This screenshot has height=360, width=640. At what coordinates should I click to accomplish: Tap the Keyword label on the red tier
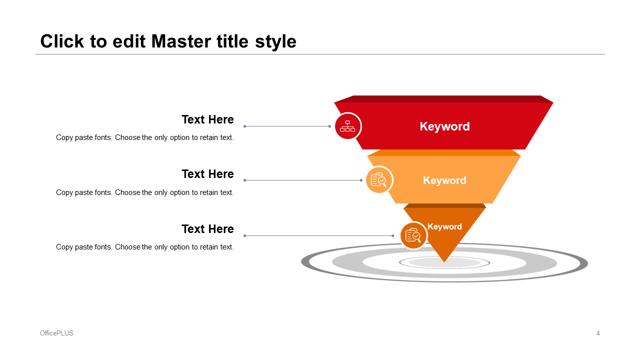coord(444,126)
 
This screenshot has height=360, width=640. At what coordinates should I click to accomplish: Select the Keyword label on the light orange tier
coord(444,180)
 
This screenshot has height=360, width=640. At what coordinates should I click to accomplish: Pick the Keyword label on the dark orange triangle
coord(444,226)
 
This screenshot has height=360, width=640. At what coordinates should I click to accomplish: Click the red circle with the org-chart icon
coord(347,126)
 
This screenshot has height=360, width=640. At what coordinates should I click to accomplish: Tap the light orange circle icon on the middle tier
coord(379,180)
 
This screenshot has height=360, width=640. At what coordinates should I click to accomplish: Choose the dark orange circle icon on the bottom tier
coord(413,235)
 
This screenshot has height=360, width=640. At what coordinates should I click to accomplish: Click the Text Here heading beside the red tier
coord(207,119)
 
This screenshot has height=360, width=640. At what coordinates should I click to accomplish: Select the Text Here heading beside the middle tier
coord(207,174)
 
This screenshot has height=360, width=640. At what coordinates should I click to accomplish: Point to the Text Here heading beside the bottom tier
coord(207,229)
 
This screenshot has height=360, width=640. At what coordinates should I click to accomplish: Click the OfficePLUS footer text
coord(56,333)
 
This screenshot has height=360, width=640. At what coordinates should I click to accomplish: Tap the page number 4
coord(598,333)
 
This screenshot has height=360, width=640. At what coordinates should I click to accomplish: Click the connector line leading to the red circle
coord(287,126)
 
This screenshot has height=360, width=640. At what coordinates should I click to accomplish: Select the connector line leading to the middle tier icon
coord(302,180)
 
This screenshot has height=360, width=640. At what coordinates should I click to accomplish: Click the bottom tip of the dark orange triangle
coord(444,260)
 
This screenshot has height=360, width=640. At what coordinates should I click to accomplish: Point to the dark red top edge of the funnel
coord(443,99)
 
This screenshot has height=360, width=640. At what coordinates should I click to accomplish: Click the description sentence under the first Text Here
coord(144,137)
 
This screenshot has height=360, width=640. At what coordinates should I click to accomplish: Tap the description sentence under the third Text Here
coord(144,247)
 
